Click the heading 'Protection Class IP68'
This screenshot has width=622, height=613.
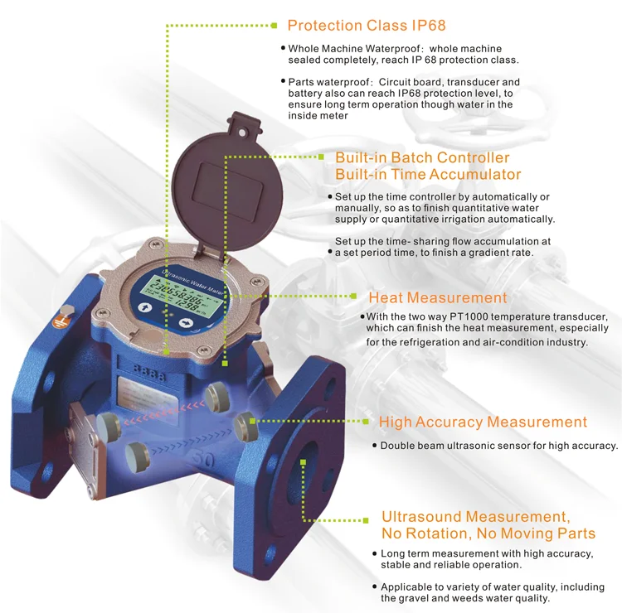pyautogui.click(x=367, y=25)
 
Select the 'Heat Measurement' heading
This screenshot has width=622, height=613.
pyautogui.click(x=437, y=297)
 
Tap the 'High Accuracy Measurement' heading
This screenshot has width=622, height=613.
pyautogui.click(x=483, y=422)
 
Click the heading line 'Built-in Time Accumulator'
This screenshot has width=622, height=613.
pyautogui.click(x=428, y=175)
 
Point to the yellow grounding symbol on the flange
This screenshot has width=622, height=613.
pyautogui.click(x=61, y=316)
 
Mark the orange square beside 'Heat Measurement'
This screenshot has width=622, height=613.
pyautogui.click(x=356, y=297)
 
